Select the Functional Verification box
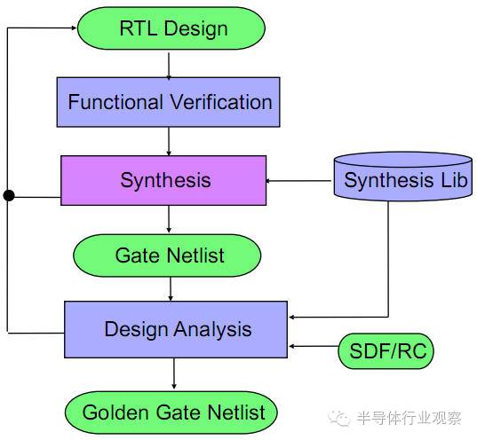(x=170, y=101)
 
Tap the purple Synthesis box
(x=163, y=181)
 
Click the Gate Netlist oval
(x=169, y=255)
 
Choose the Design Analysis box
(x=176, y=329)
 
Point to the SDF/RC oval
(x=384, y=351)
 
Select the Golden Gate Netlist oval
(x=171, y=412)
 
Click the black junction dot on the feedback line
(x=8, y=195)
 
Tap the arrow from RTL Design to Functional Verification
(x=169, y=64)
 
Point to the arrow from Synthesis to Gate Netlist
(x=169, y=219)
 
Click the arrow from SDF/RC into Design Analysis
(x=312, y=347)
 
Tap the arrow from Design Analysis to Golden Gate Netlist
(x=174, y=374)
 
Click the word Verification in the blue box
(x=217, y=101)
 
